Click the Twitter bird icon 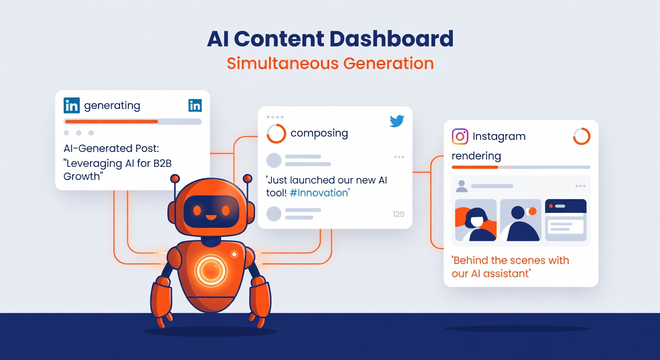coord(397,121)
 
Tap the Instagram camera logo coord(460,136)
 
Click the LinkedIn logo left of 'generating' coord(72,106)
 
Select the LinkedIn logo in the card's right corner coord(195,105)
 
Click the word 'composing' coord(319,134)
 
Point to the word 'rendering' coord(476,156)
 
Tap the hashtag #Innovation coord(320,193)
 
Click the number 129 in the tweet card coord(398,214)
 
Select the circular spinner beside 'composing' coord(276,134)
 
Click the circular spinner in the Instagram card coord(582,136)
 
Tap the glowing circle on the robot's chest coord(210,271)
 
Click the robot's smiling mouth coord(211,217)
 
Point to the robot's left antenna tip coord(175,179)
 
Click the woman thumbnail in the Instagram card coord(476,220)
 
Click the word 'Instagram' coord(499,137)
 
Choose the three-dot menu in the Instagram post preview coord(580,186)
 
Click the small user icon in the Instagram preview coord(462,186)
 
